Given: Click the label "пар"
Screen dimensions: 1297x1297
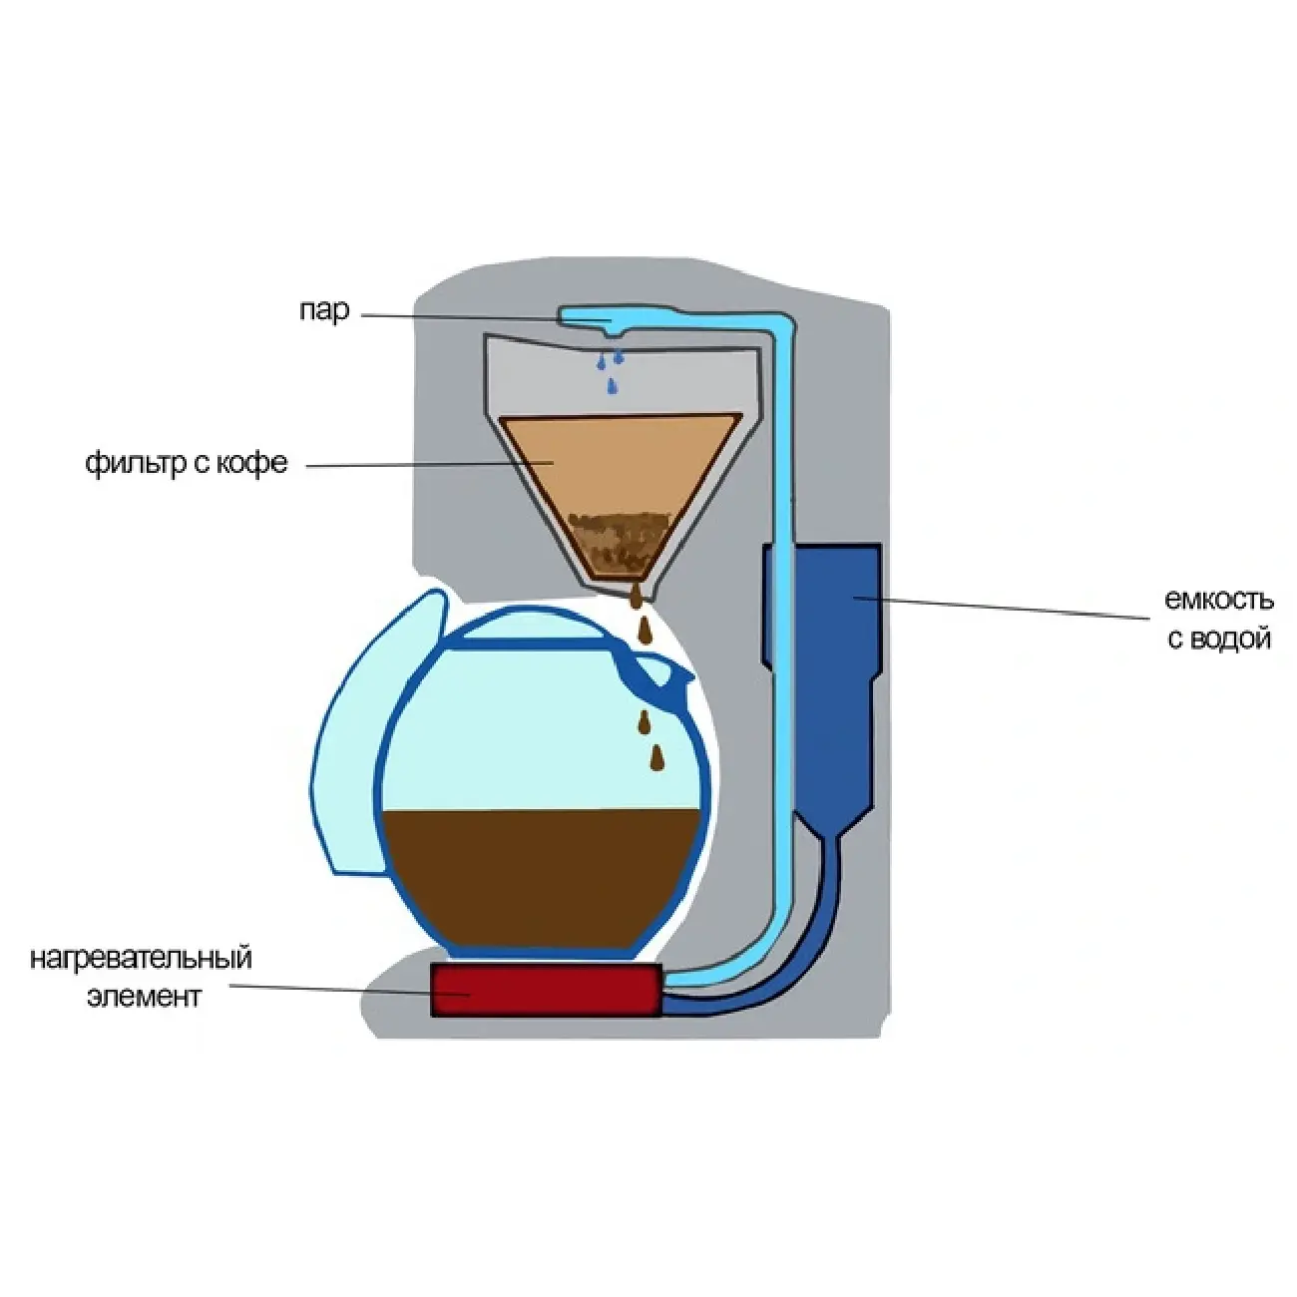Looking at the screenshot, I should coord(324,311).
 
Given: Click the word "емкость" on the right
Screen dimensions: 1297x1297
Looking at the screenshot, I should coord(1218,600).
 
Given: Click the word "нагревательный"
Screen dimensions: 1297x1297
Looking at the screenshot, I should coord(141,959).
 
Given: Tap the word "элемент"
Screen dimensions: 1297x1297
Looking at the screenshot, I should coord(145,996).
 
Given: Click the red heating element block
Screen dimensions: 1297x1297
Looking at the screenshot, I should coord(545,991).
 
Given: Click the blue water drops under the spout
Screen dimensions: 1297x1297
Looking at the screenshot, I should coord(609,369).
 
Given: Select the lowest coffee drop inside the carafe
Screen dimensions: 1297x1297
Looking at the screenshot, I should coord(656,758).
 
